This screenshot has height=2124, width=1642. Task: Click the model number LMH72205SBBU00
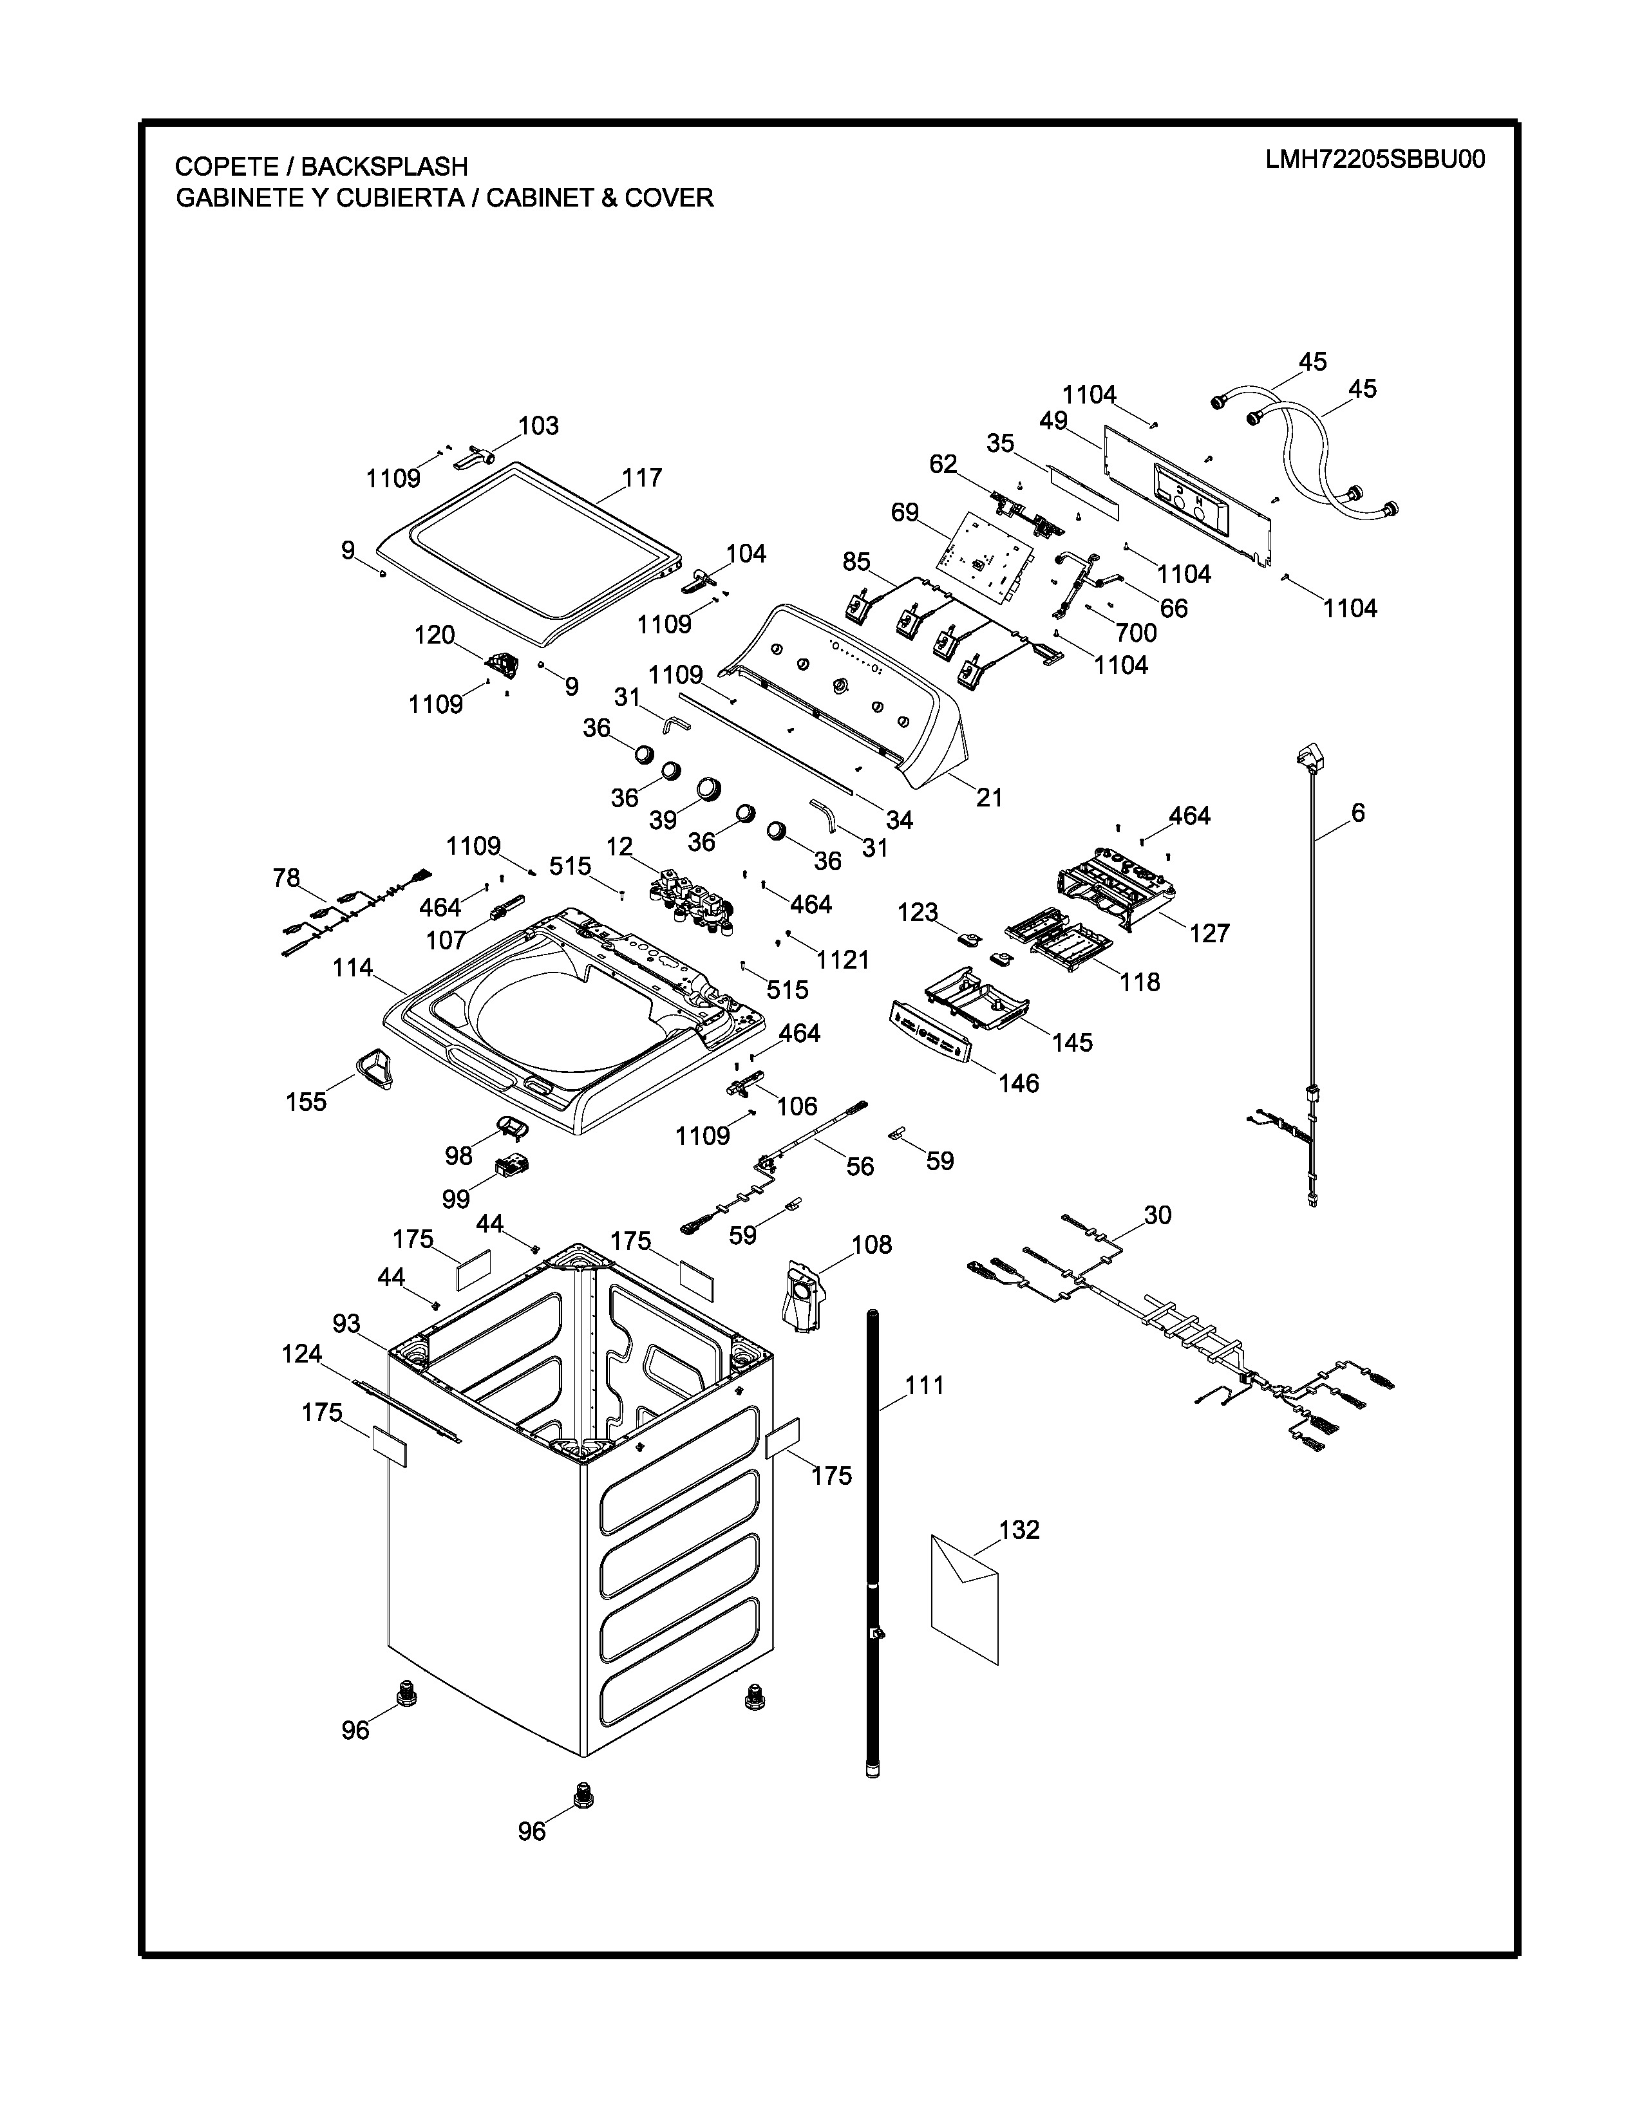(1375, 160)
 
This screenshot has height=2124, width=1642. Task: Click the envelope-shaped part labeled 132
(964, 1598)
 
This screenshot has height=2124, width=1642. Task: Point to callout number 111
(924, 1385)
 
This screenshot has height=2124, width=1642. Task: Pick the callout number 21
(989, 797)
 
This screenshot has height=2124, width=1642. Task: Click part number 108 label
(872, 1245)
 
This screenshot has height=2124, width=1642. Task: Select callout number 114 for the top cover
(352, 967)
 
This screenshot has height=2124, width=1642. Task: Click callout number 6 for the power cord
(1358, 812)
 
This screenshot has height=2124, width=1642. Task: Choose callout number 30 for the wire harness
(1158, 1215)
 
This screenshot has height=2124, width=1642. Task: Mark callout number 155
(307, 1102)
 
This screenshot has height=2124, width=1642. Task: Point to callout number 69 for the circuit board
(905, 512)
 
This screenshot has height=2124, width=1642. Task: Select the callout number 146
(1019, 1083)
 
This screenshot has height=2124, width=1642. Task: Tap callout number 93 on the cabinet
(346, 1323)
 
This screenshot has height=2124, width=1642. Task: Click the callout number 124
(301, 1354)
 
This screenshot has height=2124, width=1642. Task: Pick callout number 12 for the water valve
(619, 847)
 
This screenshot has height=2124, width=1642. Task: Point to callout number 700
(1135, 633)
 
